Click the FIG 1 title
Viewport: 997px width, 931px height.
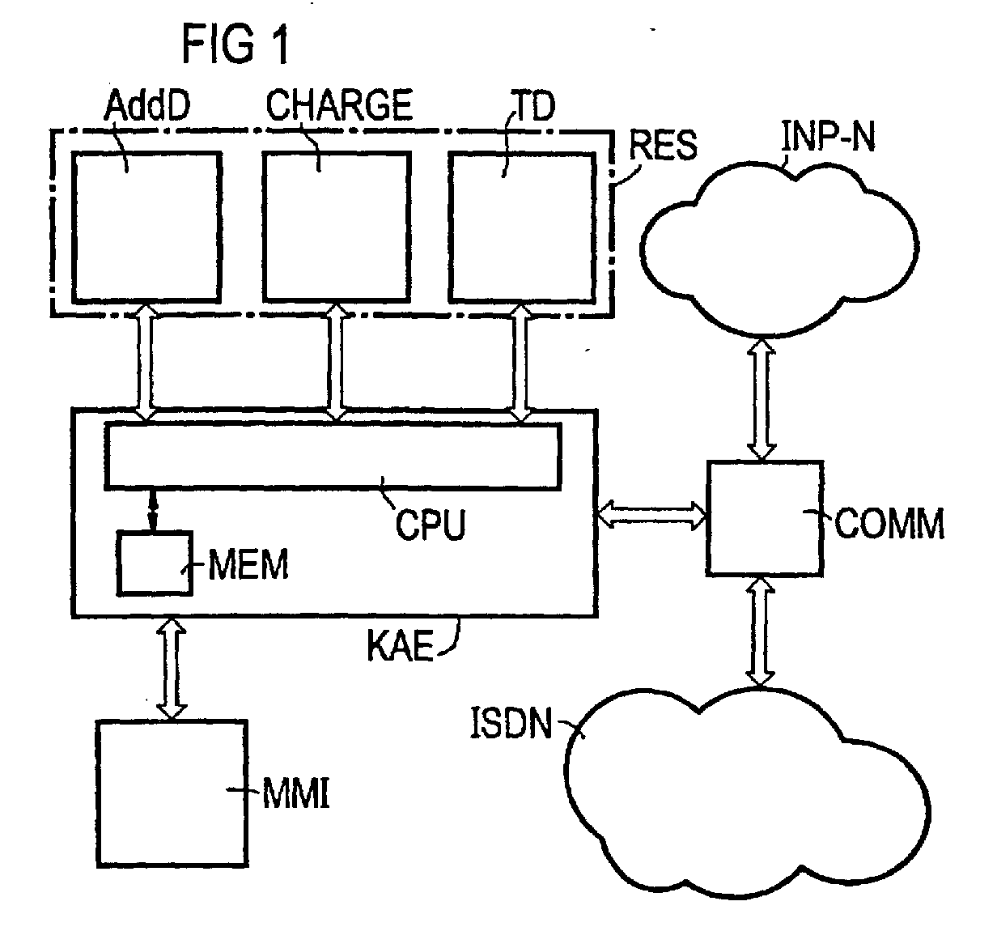coord(236,45)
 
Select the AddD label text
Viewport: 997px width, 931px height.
coord(147,105)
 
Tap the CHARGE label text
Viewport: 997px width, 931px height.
coord(339,104)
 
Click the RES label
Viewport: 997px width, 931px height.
coord(663,145)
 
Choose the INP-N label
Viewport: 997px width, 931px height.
coord(829,136)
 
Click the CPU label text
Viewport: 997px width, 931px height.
coord(431,525)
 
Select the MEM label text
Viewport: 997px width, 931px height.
coord(248,565)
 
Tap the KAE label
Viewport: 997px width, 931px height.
coord(400,645)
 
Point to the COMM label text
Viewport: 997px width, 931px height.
coord(889,523)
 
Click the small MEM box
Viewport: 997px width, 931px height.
coord(155,563)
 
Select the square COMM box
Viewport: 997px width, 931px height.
coord(764,518)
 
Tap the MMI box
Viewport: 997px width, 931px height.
coord(172,794)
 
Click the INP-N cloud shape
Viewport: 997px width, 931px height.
coord(779,249)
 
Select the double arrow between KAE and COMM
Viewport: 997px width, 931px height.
coord(651,515)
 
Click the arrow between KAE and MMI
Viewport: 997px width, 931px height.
coord(172,668)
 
